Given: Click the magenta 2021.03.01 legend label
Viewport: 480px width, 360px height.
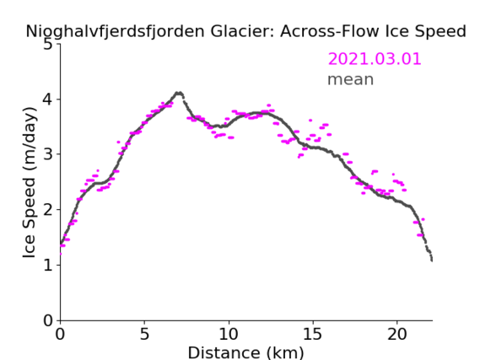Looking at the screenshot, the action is (375, 59).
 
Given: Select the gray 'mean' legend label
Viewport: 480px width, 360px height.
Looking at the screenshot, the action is (351, 79).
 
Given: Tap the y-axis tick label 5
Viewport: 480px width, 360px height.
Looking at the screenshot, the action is (48, 45).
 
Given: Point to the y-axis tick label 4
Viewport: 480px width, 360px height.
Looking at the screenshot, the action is (48, 99).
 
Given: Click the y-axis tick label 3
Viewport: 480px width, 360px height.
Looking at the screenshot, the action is (48, 154).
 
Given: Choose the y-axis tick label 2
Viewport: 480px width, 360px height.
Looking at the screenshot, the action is (48, 210).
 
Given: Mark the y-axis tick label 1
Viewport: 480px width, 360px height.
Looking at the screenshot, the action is (48, 265).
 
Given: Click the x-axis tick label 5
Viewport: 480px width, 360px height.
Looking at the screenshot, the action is (144, 334).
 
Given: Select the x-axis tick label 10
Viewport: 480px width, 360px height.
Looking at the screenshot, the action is (229, 334).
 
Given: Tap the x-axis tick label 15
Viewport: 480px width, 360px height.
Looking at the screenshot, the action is (313, 334).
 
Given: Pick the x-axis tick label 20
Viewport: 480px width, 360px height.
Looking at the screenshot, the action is (397, 334).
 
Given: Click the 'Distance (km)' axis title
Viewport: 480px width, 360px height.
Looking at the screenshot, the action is (245, 352).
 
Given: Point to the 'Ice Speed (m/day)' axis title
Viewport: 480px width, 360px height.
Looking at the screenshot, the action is (30, 182).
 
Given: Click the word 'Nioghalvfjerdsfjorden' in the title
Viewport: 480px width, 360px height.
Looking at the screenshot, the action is (115, 31).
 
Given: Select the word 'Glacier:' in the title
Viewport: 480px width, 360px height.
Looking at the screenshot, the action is (242, 31).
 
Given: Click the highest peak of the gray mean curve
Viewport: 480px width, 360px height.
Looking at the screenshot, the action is (179, 93).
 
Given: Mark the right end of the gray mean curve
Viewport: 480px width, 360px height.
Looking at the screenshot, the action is (432, 260).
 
